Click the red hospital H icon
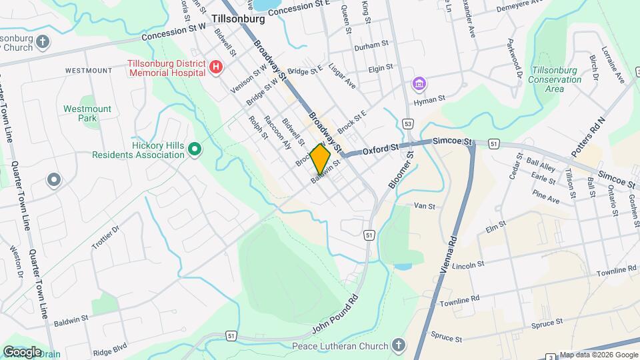215,67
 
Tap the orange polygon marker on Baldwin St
320,159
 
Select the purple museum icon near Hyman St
419,85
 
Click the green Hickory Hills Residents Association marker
194,149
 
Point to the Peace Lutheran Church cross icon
398,345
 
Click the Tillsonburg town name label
238,19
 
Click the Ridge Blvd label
110,348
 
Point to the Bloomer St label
399,170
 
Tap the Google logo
22,351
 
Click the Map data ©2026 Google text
598,355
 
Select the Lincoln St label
467,265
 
